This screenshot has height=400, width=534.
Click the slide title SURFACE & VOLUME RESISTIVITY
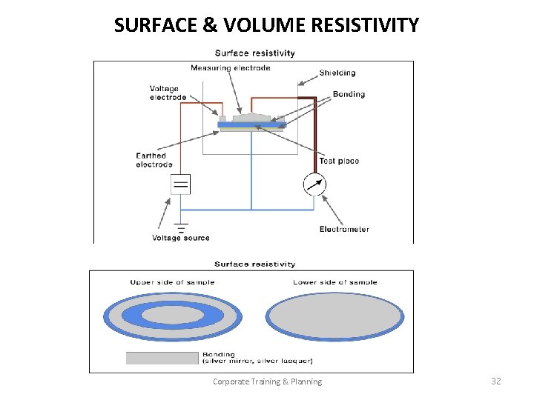click(266, 25)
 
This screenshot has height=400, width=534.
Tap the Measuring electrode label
click(230, 68)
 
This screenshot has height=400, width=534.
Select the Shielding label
click(337, 73)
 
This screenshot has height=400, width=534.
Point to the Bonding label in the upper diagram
click(349, 94)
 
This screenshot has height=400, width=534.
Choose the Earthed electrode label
click(154, 160)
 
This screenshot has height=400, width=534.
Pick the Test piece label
click(339, 161)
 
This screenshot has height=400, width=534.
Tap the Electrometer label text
click(344, 229)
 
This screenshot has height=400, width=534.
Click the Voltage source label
click(181, 238)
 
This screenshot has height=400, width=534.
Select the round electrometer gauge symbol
click(315, 184)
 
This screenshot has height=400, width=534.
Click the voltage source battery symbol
click(180, 183)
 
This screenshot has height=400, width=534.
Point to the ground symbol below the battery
click(180, 226)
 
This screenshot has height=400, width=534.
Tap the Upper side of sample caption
click(173, 282)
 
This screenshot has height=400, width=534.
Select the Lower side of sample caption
click(335, 282)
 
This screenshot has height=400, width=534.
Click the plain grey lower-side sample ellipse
click(335, 316)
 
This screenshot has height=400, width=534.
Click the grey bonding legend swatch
click(162, 359)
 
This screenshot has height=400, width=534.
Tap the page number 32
click(496, 381)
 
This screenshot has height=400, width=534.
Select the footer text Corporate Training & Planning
click(267, 381)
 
